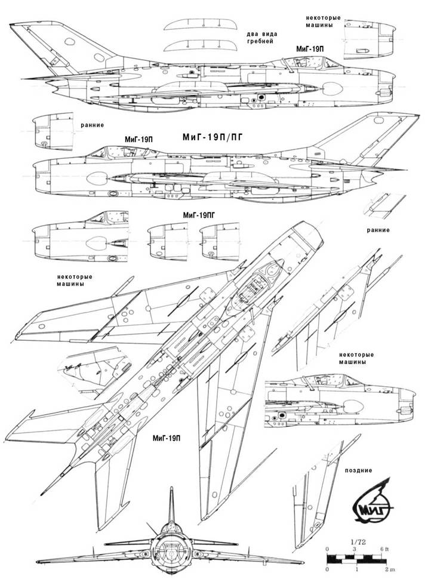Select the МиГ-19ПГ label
pos(200,214)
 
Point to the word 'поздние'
pos(358,470)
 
